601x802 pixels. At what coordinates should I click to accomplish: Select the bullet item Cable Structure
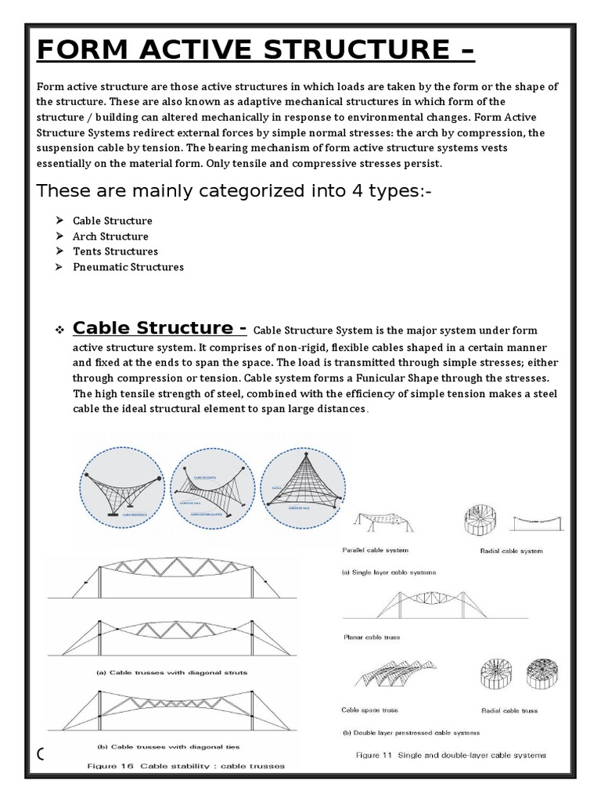[x=113, y=221]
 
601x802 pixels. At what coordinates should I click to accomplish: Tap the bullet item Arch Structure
[x=110, y=237]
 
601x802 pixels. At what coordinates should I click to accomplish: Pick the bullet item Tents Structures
[x=115, y=251]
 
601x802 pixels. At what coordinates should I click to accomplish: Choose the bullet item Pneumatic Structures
[x=128, y=267]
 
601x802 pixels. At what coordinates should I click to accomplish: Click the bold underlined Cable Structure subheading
[x=160, y=327]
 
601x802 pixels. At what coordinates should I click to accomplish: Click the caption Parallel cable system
[x=376, y=551]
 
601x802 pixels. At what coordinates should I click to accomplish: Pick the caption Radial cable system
[x=511, y=551]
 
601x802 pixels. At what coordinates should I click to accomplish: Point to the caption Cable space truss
[x=369, y=710]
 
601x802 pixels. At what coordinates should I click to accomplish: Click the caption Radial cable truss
[x=508, y=710]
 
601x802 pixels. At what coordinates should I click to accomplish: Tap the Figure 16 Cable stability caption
[x=185, y=765]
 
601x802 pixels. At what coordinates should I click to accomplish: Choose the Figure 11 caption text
[x=451, y=755]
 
